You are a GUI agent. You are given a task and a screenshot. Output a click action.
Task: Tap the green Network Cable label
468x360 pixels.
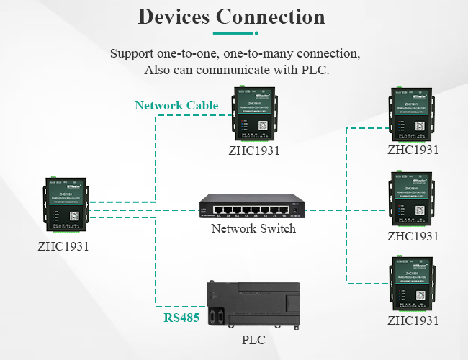[176, 105]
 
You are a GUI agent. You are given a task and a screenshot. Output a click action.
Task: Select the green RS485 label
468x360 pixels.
[182, 318]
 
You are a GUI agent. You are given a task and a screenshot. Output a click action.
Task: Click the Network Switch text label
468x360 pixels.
[253, 229]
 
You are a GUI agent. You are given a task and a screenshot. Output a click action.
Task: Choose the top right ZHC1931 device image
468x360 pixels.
[413, 114]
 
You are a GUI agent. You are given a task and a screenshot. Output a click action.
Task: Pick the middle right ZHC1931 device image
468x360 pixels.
[413, 199]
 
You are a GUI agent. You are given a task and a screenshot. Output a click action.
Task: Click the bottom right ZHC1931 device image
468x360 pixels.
[413, 285]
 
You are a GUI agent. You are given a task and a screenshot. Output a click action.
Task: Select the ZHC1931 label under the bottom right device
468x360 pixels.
[413, 320]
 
